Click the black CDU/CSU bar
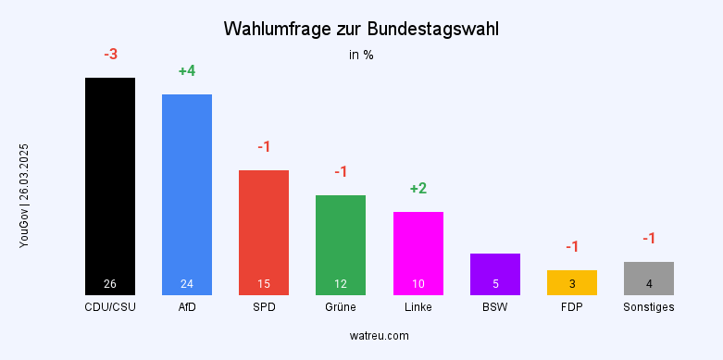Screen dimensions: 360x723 [110, 185]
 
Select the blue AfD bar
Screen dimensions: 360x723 [187, 194]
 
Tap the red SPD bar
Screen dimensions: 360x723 [264, 231]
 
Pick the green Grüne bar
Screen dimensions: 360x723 [341, 244]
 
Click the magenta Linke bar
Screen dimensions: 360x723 [418, 253]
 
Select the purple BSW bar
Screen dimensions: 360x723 [494, 274]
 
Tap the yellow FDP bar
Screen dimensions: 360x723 [572, 282]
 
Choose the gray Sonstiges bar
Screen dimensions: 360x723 [649, 278]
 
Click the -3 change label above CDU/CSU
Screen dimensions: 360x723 [110, 55]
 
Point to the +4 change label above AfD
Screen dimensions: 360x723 [187, 71]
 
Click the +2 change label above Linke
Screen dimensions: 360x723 [418, 189]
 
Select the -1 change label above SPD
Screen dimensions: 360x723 [264, 147]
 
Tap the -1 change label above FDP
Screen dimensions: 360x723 [572, 246]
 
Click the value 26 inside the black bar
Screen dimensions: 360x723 [110, 283]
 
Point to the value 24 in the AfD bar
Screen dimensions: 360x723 [187, 283]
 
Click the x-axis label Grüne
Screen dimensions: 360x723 [341, 306]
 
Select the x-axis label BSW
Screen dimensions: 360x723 [494, 306]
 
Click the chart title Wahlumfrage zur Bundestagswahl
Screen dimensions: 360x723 [361, 30]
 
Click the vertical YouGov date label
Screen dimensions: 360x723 [24, 195]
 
